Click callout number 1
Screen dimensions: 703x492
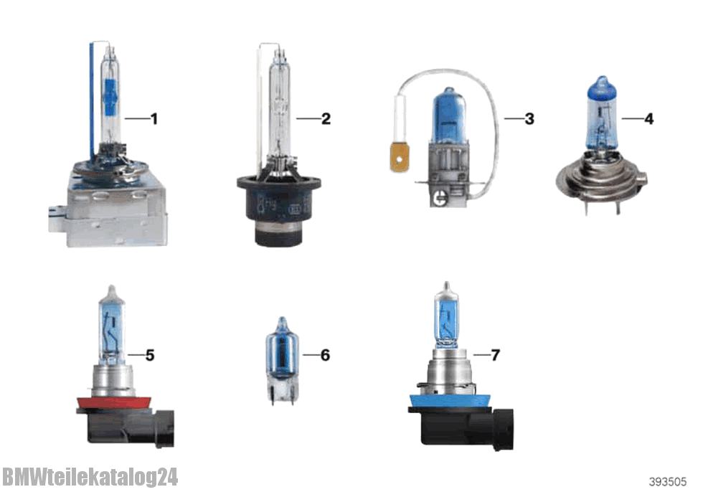pyautogui.click(x=154, y=119)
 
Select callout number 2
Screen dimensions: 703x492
pyautogui.click(x=326, y=119)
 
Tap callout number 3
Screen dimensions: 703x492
pyautogui.click(x=529, y=119)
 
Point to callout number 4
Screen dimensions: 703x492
pyautogui.click(x=648, y=119)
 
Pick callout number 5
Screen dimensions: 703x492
pyautogui.click(x=150, y=355)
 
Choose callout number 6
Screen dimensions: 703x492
pyautogui.click(x=325, y=355)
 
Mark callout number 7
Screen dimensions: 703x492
pyautogui.click(x=495, y=355)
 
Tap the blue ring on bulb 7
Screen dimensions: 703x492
pyautogui.click(x=448, y=401)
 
